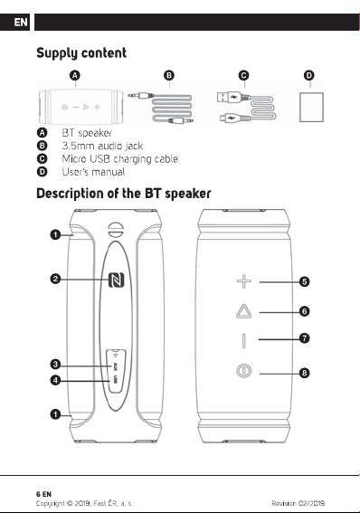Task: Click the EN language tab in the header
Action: coord(20,23)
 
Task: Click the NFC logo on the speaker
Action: coord(116,280)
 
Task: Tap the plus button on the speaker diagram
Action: coord(244,281)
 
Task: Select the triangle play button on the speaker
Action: coord(243,311)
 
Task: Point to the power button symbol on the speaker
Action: coord(243,371)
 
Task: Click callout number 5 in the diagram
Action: coord(304,281)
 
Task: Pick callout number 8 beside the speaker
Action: coord(304,373)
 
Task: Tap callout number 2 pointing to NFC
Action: coord(55,279)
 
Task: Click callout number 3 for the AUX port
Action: coord(55,364)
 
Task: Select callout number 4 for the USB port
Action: coord(55,380)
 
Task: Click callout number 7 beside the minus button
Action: coord(304,338)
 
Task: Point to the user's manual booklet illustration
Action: coord(311,108)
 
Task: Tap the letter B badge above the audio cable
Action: coord(169,76)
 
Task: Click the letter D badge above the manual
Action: coord(309,76)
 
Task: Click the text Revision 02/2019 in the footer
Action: coord(298,503)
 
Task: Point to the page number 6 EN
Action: coord(43,494)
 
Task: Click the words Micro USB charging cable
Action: coord(120,159)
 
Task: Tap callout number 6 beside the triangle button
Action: coord(304,311)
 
